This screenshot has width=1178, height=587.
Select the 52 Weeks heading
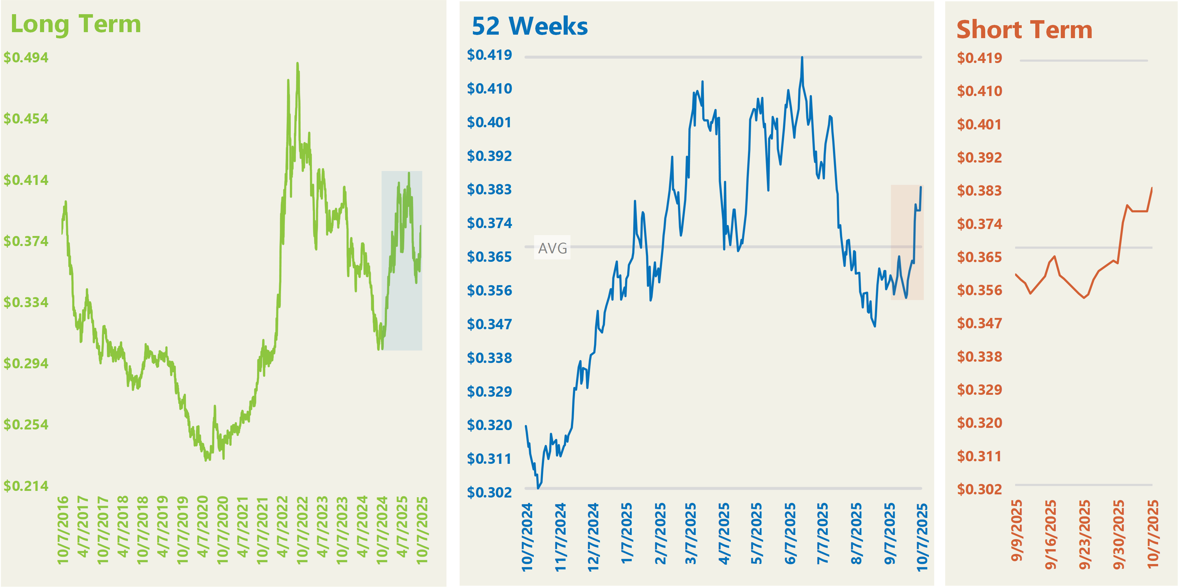(530, 26)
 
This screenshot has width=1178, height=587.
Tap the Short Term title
(1024, 30)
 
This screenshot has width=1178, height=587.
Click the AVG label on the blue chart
(552, 248)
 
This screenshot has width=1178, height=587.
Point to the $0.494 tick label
(26, 58)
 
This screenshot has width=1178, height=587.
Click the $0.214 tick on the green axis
(26, 486)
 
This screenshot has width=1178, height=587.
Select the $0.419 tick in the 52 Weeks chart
(489, 55)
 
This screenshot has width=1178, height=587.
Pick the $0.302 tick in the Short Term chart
(980, 489)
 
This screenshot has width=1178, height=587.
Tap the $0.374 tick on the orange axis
(980, 224)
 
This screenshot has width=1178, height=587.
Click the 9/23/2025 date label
(1085, 535)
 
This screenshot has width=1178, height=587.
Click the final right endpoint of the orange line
(1152, 188)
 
